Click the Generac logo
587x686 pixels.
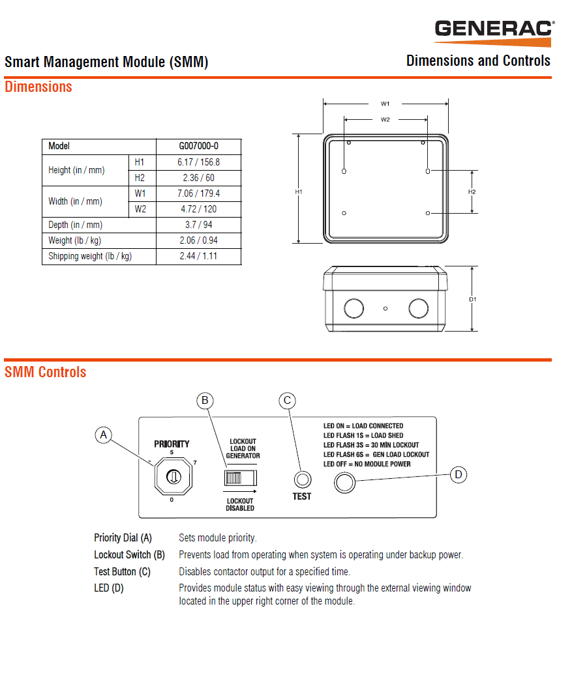(494, 30)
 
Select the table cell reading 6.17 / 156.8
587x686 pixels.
(198, 162)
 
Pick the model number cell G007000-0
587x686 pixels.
(198, 147)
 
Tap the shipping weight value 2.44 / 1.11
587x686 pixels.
(198, 256)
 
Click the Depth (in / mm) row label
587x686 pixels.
(75, 225)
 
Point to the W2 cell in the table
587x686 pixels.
(140, 209)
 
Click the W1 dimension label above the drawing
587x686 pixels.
(385, 104)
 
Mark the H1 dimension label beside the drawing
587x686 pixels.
(299, 192)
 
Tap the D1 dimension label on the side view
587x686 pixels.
(473, 300)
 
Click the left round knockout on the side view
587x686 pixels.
(354, 307)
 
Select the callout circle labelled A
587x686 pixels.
(103, 435)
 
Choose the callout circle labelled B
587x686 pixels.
(205, 400)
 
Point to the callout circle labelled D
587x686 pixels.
(459, 474)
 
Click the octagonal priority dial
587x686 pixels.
(173, 478)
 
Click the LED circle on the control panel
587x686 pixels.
(344, 483)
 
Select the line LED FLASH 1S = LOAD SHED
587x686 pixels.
(363, 435)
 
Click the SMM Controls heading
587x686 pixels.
(46, 372)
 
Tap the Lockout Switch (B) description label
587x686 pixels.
(129, 555)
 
